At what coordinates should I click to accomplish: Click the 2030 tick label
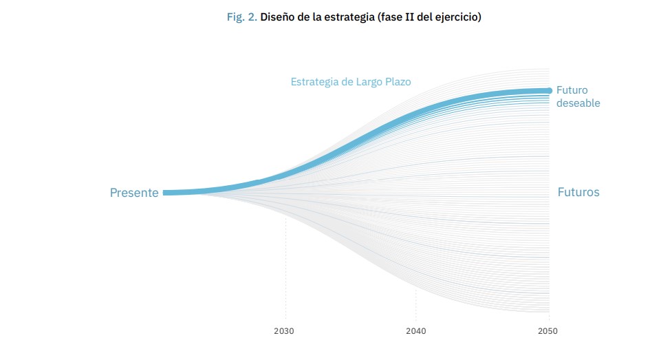click(284, 331)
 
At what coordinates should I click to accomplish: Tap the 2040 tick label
click(415, 331)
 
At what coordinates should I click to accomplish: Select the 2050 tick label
click(548, 331)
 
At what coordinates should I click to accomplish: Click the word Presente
click(134, 193)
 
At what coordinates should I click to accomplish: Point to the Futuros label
click(578, 193)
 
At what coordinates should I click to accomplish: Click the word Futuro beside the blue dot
click(572, 90)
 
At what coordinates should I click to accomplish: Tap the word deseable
click(578, 103)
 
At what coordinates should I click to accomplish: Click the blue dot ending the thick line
click(549, 90)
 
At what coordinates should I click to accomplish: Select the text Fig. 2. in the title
click(242, 17)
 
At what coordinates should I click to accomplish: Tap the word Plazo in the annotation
click(398, 82)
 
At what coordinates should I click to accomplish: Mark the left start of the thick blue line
click(166, 193)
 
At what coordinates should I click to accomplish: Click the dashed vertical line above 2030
click(285, 275)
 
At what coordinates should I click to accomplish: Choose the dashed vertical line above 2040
click(415, 303)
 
